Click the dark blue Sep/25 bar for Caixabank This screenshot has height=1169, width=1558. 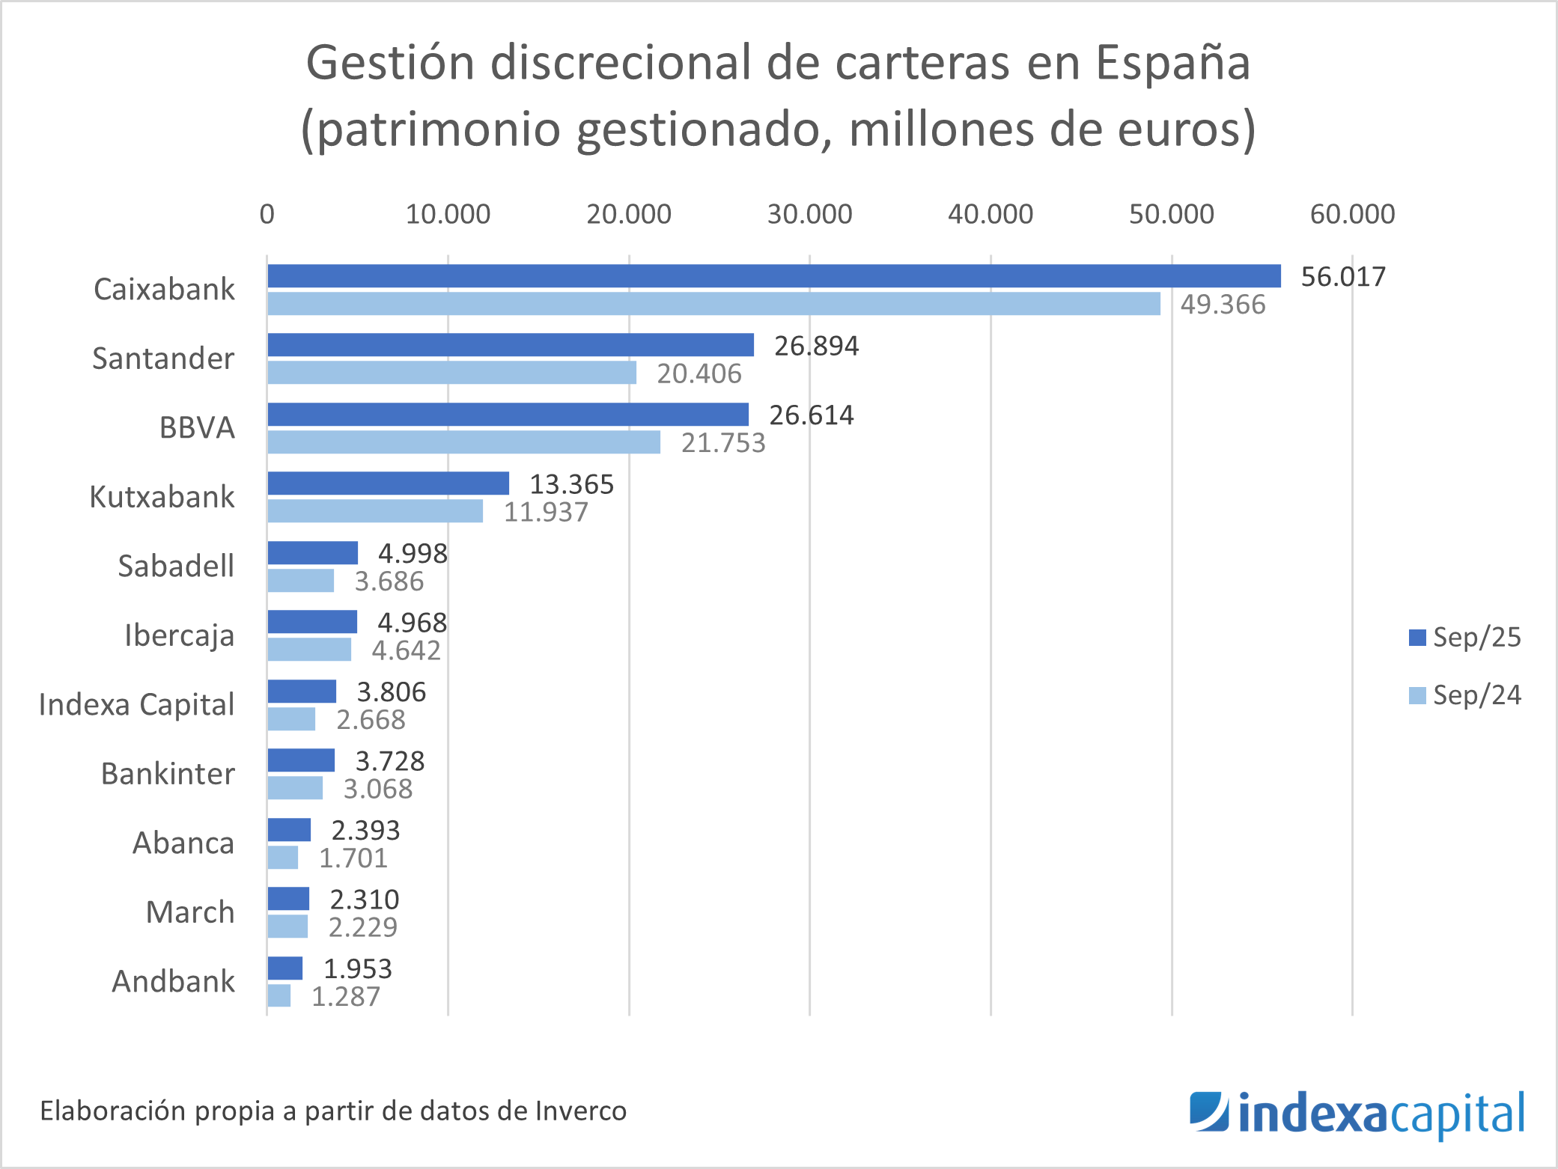[x=773, y=276]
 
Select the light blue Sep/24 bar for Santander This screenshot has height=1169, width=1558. [x=451, y=373]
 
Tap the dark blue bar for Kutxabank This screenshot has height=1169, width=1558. [x=388, y=483]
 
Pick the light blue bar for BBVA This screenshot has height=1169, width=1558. [x=463, y=442]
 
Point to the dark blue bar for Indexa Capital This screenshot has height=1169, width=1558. [x=302, y=692]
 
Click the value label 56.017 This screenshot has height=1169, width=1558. [x=1343, y=277]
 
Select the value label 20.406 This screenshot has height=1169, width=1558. [x=699, y=373]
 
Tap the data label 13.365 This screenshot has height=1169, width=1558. [x=571, y=484]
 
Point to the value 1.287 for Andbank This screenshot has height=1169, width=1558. [x=345, y=997]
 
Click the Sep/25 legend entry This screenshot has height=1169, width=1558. [x=1465, y=638]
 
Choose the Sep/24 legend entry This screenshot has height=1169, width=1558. [x=1465, y=696]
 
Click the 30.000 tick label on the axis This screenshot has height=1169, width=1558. [x=809, y=215]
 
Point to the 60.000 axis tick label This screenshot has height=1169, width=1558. [x=1352, y=215]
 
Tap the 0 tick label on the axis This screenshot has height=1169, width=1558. [x=267, y=215]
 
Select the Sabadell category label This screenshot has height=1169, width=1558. [x=176, y=567]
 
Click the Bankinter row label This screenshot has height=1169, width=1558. [x=168, y=774]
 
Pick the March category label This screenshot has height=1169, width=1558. [x=190, y=912]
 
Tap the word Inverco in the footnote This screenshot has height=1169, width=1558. [x=581, y=1111]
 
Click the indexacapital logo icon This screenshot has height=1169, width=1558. [x=1208, y=1111]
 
